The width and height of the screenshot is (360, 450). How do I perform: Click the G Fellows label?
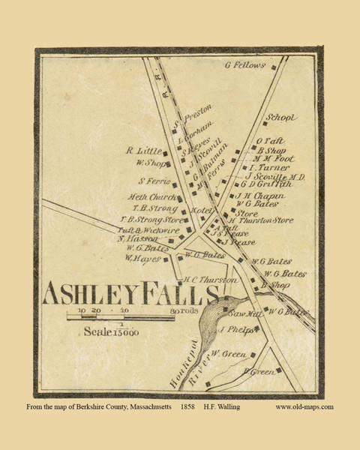click(245, 65)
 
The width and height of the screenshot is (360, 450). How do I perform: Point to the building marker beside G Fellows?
click(274, 67)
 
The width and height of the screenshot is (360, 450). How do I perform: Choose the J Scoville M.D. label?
click(275, 176)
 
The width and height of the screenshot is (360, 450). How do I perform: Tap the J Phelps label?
click(235, 329)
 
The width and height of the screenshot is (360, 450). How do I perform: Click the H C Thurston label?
click(211, 279)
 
